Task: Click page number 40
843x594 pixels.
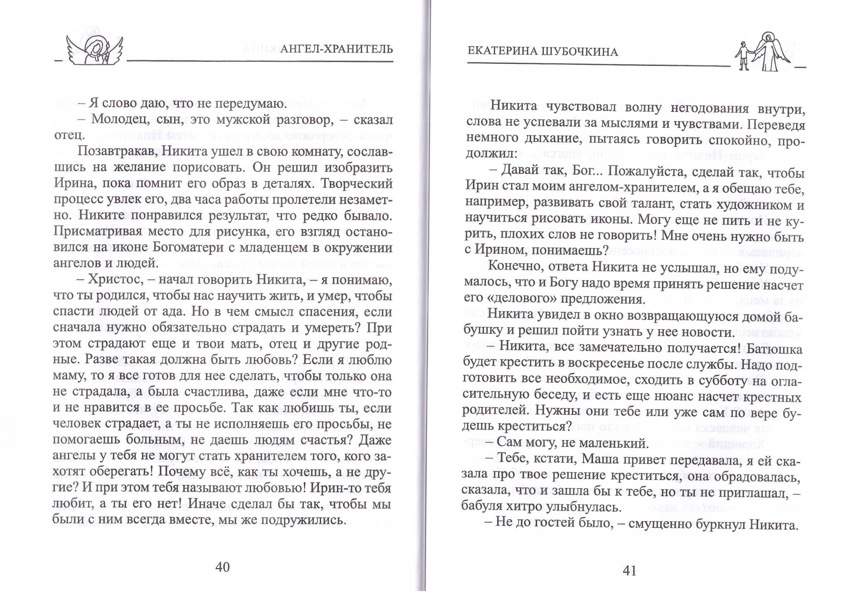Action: tap(222, 567)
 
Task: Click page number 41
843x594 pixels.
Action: tap(629, 571)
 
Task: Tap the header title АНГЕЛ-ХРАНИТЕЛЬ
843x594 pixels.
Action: tap(336, 49)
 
